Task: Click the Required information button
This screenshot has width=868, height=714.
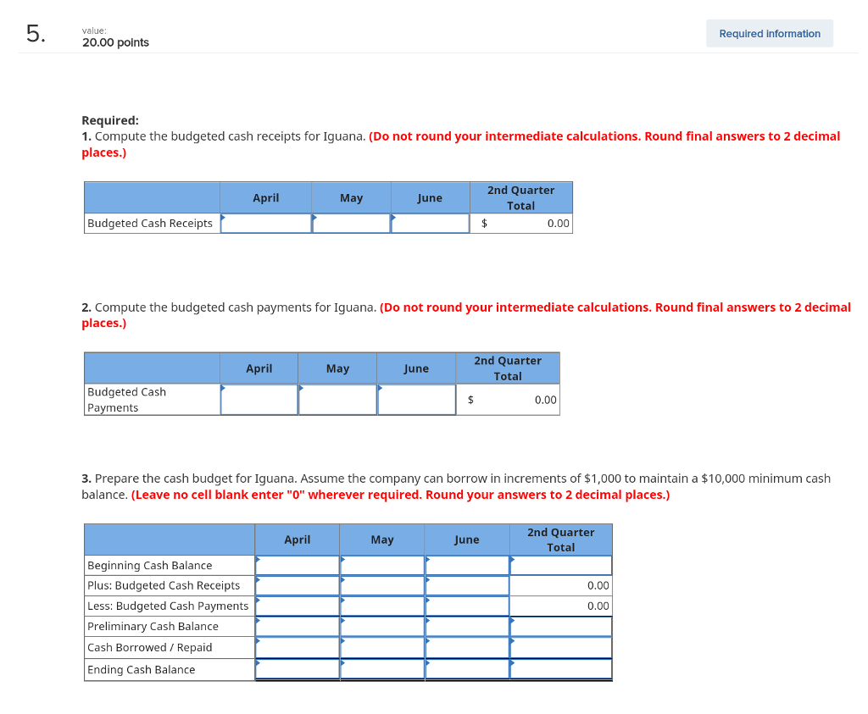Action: [769, 34]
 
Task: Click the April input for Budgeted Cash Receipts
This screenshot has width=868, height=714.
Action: [266, 224]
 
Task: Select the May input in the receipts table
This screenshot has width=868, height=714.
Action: [352, 224]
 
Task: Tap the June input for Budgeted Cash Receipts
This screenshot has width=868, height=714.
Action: [430, 224]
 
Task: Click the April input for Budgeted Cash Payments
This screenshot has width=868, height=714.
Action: [259, 400]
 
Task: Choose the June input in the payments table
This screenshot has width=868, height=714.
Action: [416, 400]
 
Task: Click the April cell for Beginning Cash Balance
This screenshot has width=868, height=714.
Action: [298, 566]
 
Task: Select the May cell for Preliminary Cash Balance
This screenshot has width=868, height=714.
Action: [382, 627]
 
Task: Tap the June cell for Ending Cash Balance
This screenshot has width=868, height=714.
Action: [467, 669]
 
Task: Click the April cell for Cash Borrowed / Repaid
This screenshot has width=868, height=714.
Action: [298, 648]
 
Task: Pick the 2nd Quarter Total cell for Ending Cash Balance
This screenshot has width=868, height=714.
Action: [560, 669]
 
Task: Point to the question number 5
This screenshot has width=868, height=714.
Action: [34, 34]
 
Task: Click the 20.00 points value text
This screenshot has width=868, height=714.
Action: [115, 42]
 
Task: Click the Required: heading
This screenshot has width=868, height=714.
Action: [110, 120]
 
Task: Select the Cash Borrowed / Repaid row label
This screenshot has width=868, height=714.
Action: [150, 648]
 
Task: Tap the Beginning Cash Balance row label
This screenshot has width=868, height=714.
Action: [150, 566]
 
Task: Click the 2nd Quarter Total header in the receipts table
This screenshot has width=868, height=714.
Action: [520, 198]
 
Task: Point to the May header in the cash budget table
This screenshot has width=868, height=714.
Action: [382, 540]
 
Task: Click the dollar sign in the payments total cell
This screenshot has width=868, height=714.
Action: [471, 400]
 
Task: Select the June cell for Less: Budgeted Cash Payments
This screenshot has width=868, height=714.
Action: [467, 606]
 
